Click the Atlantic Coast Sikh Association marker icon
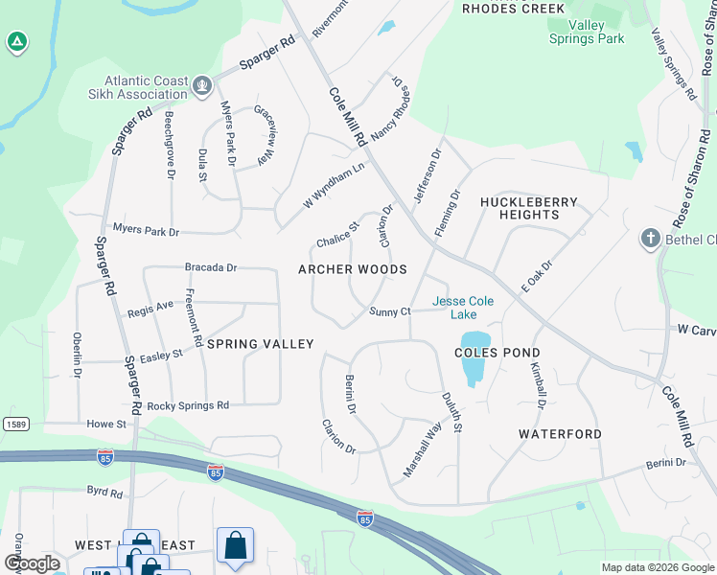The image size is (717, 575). [201, 87]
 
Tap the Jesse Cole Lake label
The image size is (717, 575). [463, 308]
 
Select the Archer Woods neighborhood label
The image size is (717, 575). [353, 269]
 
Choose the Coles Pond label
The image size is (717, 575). [497, 353]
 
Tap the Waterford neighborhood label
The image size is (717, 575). [561, 434]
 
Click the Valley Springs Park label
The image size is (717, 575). [587, 32]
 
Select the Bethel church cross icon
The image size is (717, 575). [650, 238]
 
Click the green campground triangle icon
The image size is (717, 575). [16, 42]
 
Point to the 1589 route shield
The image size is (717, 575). [15, 424]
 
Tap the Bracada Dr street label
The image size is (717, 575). [211, 267]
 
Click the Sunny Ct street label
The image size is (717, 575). [390, 311]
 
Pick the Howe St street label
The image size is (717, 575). [106, 424]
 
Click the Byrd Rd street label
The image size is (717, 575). [104, 493]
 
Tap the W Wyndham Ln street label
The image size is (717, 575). [335, 184]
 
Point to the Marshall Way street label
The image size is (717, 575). [422, 450]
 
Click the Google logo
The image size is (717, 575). [32, 563]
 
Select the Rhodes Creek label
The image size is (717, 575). [513, 8]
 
